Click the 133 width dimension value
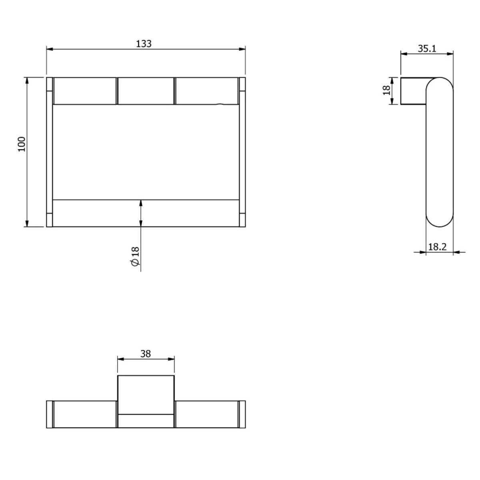tap(144, 44)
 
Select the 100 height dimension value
tap(22, 144)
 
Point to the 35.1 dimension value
tap(427, 48)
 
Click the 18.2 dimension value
tap(437, 247)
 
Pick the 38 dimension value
tap(146, 354)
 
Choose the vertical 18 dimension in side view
tap(386, 90)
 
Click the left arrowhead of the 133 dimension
tap(50, 49)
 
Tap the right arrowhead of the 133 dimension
tap(242, 49)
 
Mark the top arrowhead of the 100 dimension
tap(27, 80)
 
